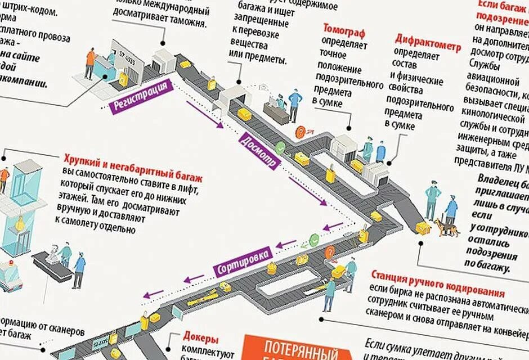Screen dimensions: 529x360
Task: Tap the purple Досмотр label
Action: coord(257,150)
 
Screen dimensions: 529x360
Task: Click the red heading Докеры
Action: coord(200,337)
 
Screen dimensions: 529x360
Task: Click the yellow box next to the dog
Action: coord(422,227)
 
